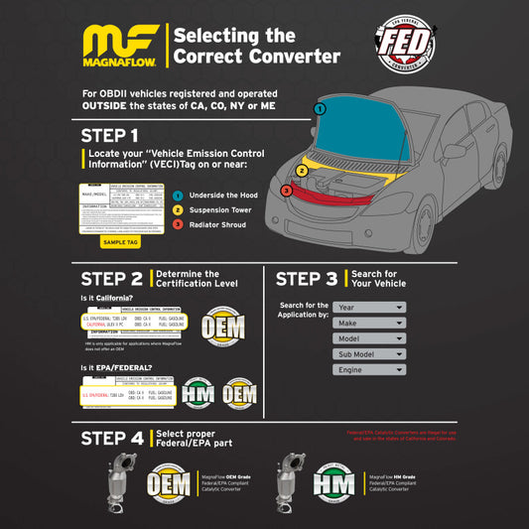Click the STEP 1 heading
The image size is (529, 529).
coord(109,135)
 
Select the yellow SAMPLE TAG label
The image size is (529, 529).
coord(120,241)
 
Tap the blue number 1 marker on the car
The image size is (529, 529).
coord(319,107)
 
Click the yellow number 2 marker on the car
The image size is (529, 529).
coord(302,170)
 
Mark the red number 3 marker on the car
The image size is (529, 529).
coord(287,190)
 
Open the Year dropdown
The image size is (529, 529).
coord(369,308)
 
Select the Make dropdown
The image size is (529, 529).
coord(369,323)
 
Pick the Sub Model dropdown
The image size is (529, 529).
coord(369,353)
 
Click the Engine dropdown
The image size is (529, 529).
coord(369,369)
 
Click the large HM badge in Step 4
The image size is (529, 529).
coord(333,484)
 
